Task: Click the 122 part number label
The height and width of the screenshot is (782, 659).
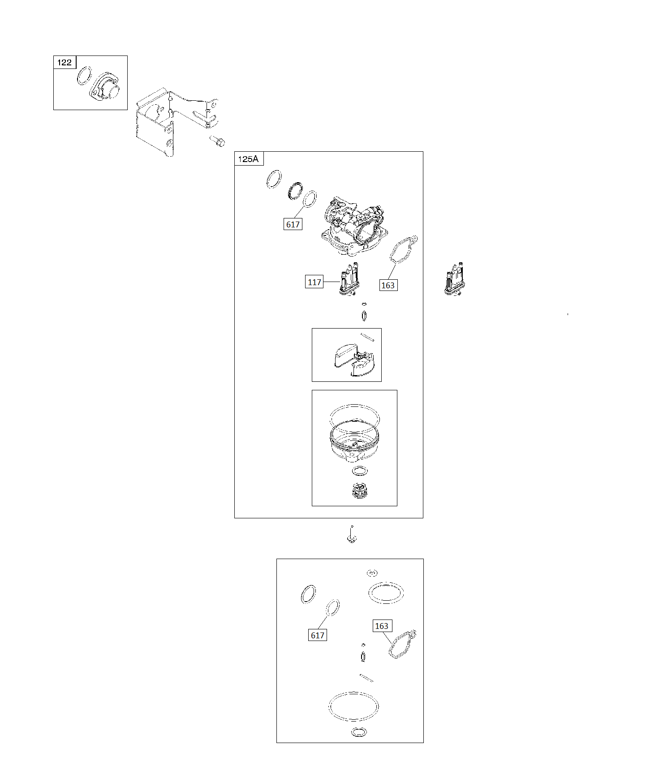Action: (x=65, y=62)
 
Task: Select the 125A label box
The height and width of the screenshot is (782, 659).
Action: (x=249, y=158)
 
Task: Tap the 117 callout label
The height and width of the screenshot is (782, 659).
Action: (x=314, y=282)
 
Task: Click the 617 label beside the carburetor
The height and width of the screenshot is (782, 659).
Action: (x=293, y=224)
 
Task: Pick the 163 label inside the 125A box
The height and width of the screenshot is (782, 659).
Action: (x=388, y=285)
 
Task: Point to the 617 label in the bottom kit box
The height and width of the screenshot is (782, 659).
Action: (x=317, y=635)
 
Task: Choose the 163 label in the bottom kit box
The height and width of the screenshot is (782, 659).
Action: (x=381, y=626)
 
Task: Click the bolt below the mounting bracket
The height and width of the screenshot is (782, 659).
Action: (x=217, y=141)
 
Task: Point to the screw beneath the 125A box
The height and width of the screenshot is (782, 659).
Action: (x=352, y=534)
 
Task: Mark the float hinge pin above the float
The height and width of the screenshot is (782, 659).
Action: (x=367, y=337)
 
